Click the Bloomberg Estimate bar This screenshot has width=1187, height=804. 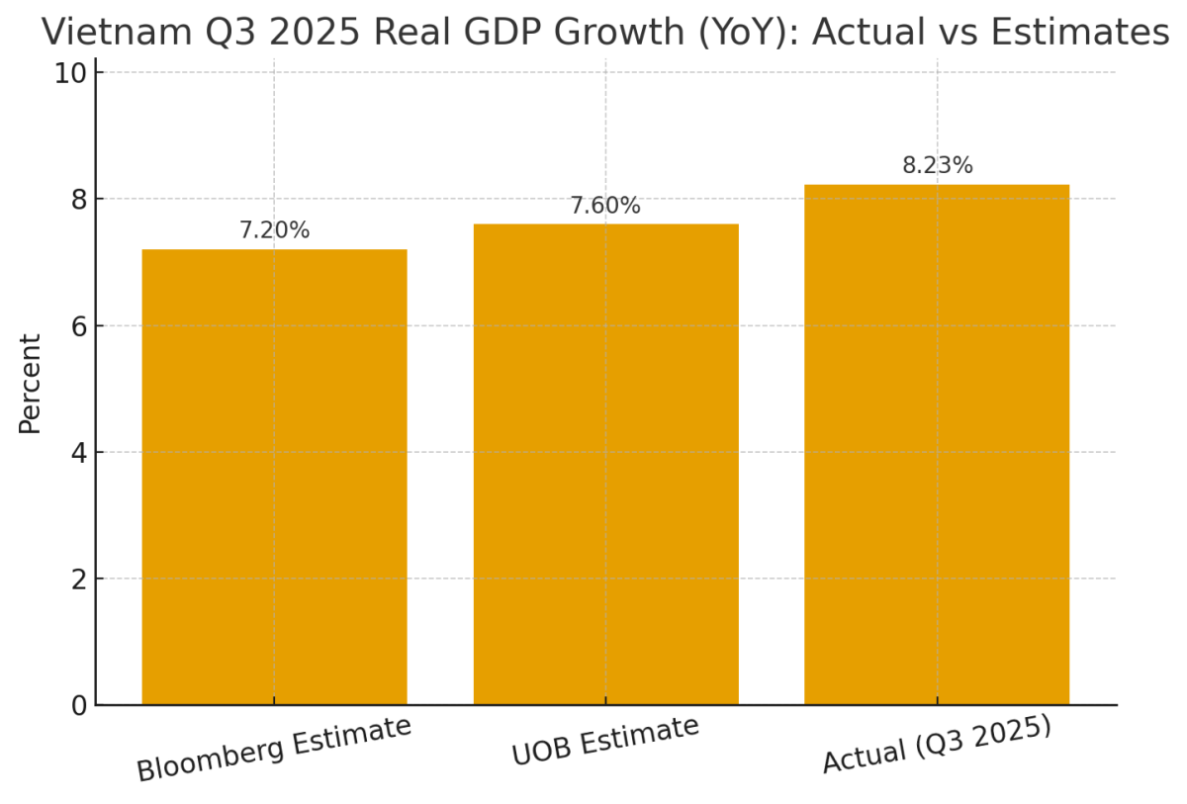[x=274, y=477]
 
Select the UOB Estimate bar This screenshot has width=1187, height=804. [x=605, y=465]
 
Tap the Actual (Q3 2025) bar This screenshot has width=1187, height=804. [x=937, y=445]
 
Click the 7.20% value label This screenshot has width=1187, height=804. [x=274, y=230]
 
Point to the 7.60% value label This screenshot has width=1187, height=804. [x=605, y=206]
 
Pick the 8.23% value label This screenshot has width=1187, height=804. [x=937, y=166]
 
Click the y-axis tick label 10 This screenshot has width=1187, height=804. [x=71, y=73]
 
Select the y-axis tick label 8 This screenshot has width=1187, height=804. [x=78, y=200]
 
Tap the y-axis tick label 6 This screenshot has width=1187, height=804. [x=78, y=326]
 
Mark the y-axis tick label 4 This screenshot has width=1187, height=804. [x=78, y=453]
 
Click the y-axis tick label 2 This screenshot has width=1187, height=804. [x=78, y=580]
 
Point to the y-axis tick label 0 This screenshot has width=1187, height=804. [x=78, y=706]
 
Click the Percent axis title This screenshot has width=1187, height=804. [x=31, y=384]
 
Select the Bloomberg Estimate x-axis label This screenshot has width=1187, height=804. [x=274, y=749]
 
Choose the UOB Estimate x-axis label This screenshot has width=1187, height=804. [x=605, y=741]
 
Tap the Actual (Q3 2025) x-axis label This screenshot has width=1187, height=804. [x=937, y=745]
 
